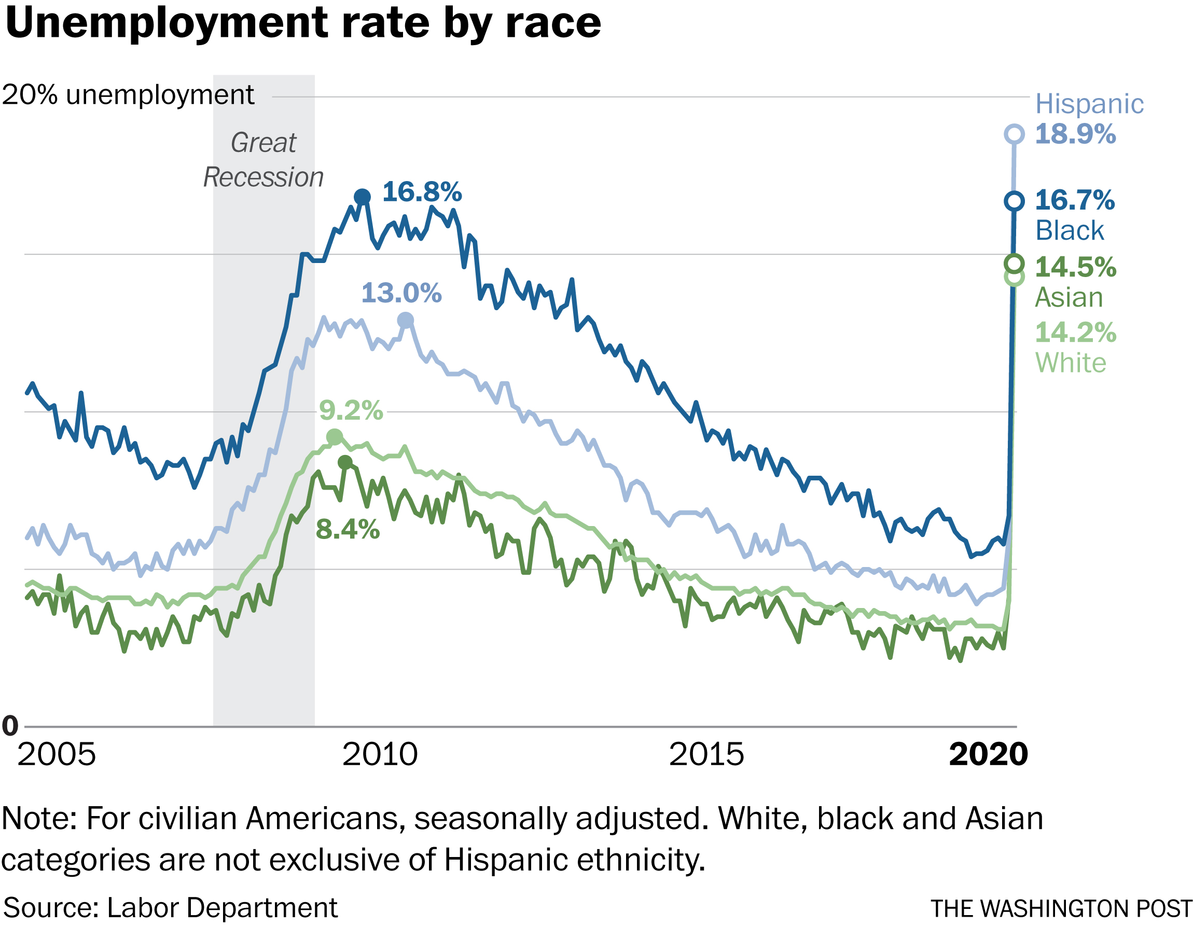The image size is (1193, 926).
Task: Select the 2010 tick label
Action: (x=380, y=754)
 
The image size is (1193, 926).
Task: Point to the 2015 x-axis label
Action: (x=706, y=754)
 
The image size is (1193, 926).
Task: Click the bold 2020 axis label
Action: (x=988, y=754)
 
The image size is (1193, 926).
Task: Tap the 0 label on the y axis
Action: (x=10, y=726)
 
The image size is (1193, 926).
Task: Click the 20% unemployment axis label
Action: (x=128, y=95)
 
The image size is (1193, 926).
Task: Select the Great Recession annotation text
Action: (x=263, y=160)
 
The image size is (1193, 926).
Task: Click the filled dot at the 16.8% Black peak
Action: (x=362, y=197)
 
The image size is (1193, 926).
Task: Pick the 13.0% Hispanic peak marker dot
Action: (x=405, y=321)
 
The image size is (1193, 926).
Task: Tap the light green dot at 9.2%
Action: (x=335, y=437)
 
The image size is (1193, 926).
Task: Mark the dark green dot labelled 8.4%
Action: (x=345, y=463)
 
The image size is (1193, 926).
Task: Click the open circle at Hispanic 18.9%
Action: (x=1015, y=134)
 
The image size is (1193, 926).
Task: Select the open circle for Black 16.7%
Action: (x=1015, y=201)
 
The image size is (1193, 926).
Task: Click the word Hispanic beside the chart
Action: (x=1089, y=104)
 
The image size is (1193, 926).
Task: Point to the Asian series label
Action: (x=1069, y=298)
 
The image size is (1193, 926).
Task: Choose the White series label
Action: (x=1071, y=363)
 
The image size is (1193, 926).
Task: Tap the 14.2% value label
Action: (x=1075, y=332)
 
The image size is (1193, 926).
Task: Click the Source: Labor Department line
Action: (x=171, y=908)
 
